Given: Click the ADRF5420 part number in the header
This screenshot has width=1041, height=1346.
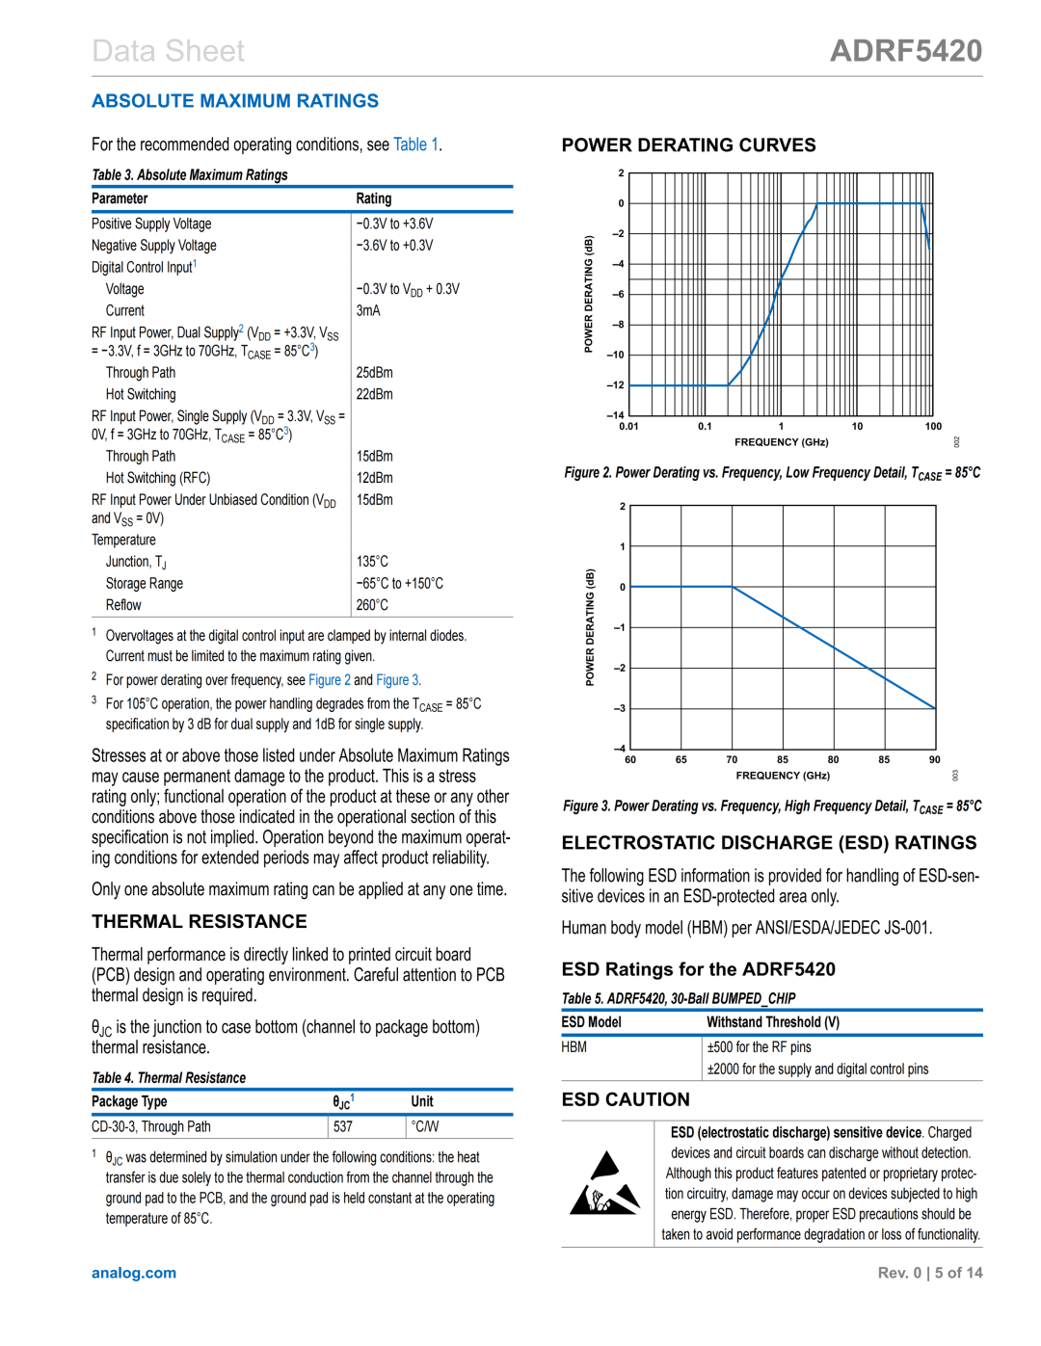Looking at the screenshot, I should coord(905,51).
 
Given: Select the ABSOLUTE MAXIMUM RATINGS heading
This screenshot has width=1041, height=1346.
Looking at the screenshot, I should coord(235,101).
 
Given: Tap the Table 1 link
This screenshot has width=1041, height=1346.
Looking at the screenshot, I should coord(415,145).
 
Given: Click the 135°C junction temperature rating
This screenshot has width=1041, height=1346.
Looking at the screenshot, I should coord(372,562).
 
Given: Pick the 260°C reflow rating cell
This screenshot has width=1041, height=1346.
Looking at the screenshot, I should coord(372,605).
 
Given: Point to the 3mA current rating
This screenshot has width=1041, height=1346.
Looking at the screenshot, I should coord(368,310).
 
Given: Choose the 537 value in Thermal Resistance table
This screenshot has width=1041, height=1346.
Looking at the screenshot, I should coord(343,1126).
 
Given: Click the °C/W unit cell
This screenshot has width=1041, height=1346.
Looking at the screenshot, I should coord(425,1126).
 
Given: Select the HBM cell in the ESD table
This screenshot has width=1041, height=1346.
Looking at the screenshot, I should coord(574,1047).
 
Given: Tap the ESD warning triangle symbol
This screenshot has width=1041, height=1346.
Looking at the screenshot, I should coord(604,1184).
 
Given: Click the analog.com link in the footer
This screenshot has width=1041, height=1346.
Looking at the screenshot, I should coord(134,1273).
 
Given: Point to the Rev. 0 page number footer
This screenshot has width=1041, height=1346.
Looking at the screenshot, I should coord(929,1273).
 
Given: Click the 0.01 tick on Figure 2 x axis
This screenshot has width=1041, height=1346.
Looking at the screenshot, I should coord(628,426).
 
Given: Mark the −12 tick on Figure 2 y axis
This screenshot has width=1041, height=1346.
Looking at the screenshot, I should coord(615,385).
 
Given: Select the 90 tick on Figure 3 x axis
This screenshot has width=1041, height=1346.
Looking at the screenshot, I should coord(935,759).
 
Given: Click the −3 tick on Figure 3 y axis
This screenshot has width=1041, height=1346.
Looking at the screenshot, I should coord(620,708).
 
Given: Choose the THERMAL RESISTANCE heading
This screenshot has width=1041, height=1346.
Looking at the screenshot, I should coord(200,922).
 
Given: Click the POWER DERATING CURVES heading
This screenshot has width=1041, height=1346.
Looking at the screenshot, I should coord(688,145).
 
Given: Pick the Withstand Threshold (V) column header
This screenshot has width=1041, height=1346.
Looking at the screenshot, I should coord(773,1022).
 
